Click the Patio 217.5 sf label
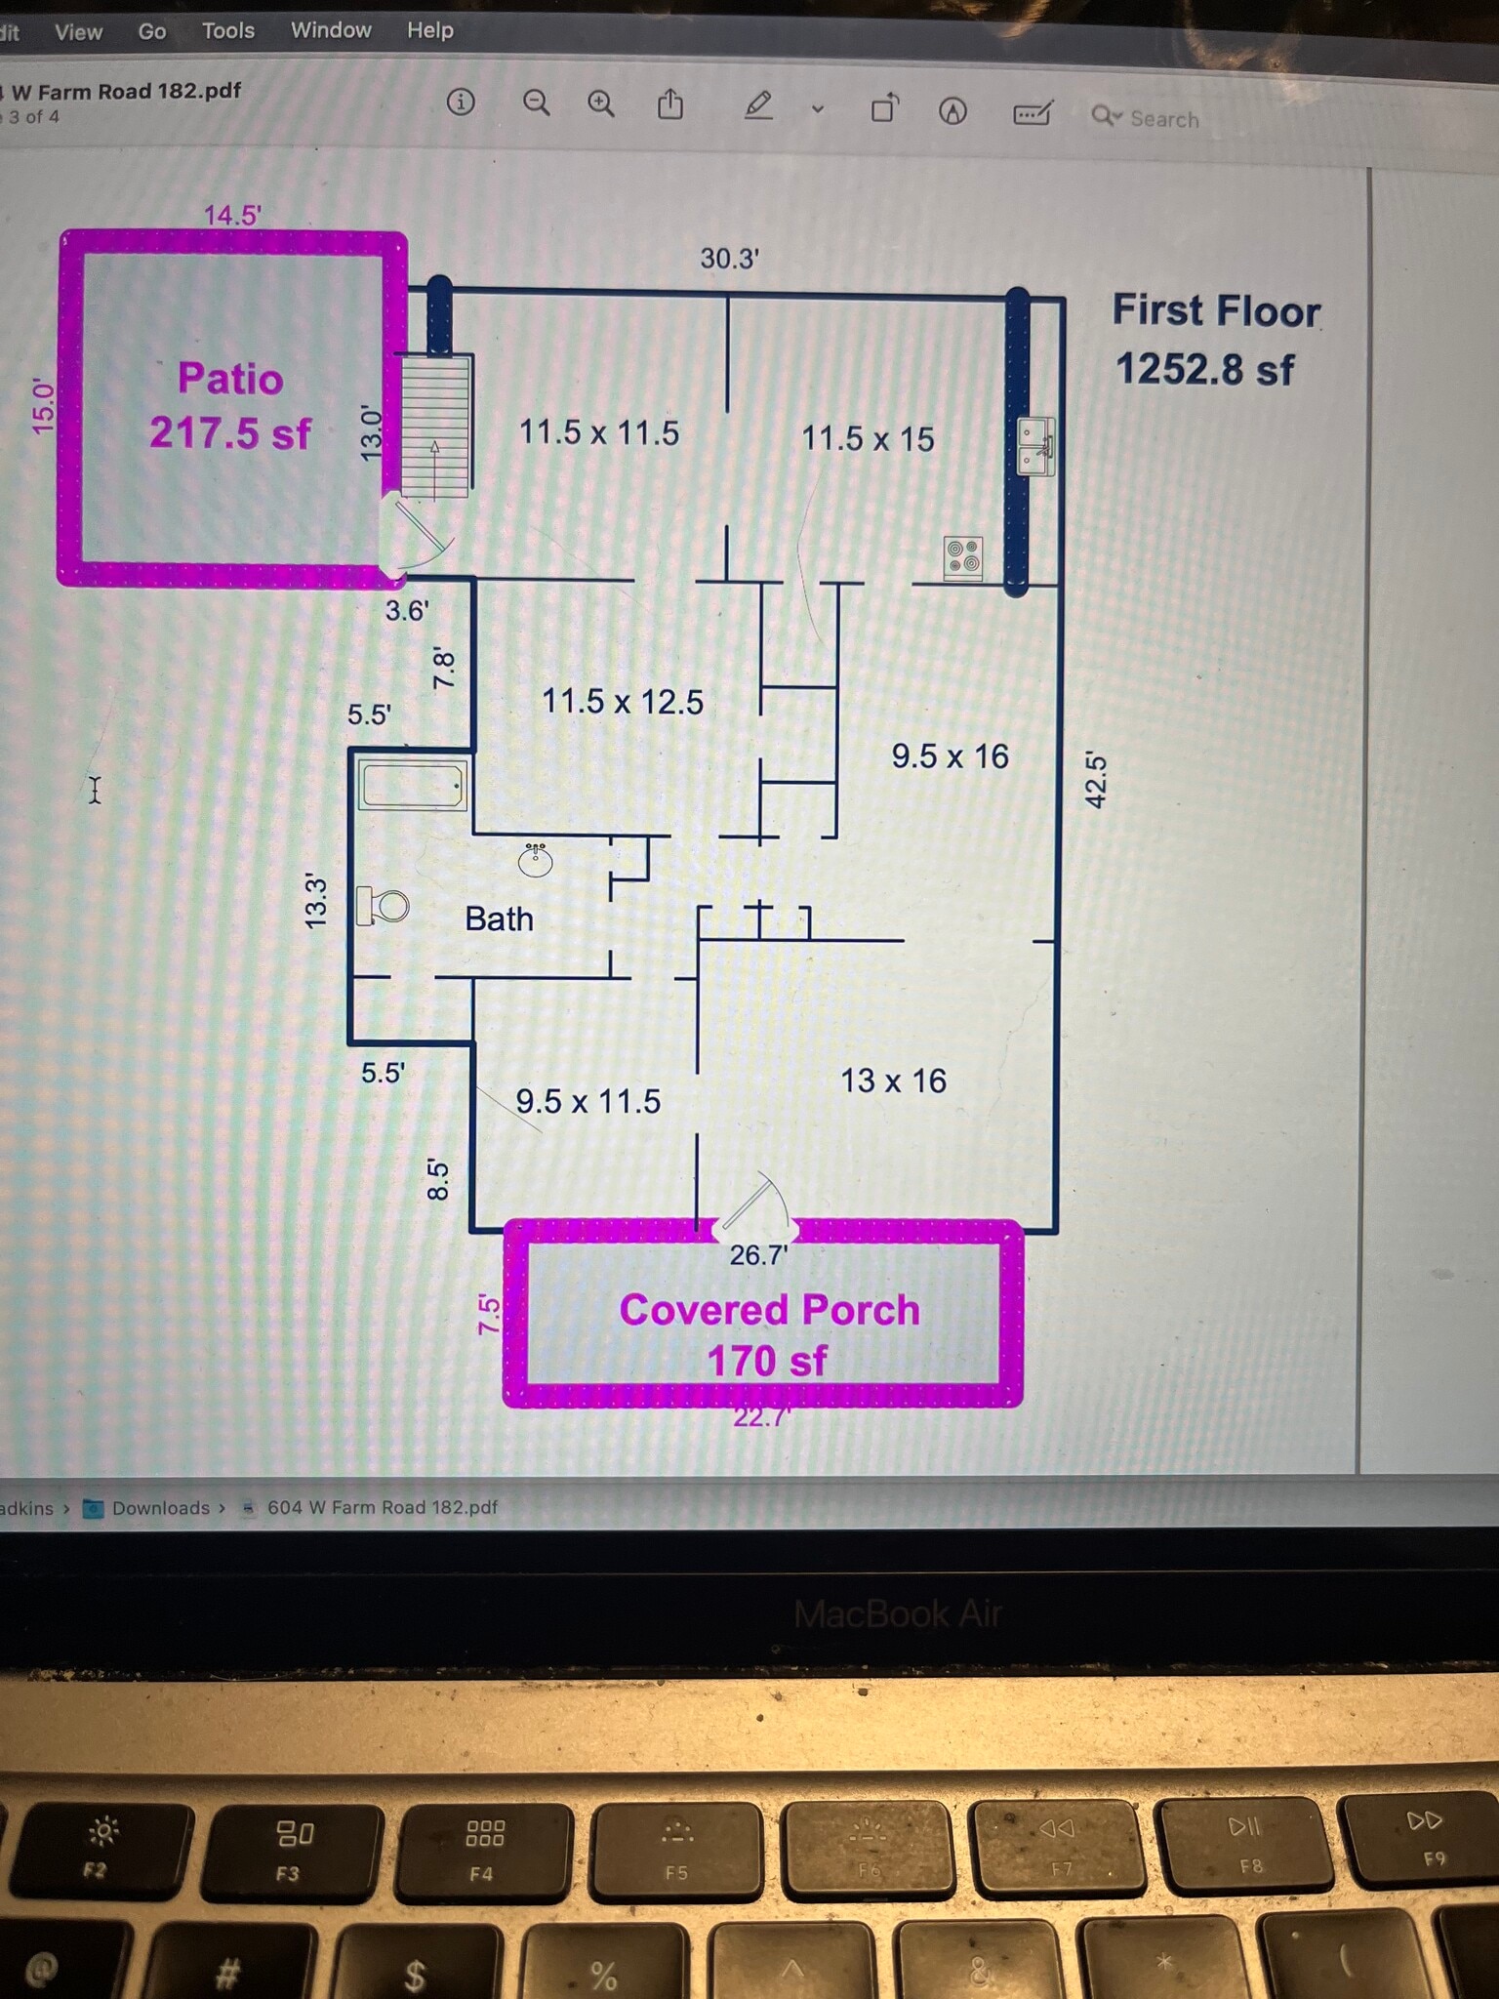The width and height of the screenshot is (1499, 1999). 230,406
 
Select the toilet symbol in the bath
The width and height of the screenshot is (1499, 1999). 383,906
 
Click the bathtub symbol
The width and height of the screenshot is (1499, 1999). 412,786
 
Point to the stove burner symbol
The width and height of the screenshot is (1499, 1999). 963,557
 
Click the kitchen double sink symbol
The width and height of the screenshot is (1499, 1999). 1035,446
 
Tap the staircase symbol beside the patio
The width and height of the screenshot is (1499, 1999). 436,427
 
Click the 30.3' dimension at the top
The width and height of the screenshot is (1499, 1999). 729,259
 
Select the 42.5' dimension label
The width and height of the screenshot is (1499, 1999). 1096,780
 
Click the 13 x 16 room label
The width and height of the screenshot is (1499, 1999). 893,1081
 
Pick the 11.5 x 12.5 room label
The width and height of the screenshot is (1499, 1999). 622,701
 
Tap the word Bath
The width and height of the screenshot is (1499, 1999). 499,918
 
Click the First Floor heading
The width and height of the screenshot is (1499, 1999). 1216,310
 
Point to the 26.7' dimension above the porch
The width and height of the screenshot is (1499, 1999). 758,1255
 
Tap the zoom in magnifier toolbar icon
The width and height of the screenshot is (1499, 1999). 601,103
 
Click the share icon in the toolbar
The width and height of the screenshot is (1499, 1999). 670,103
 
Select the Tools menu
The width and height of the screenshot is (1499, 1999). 227,31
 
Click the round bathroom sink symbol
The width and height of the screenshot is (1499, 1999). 535,860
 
